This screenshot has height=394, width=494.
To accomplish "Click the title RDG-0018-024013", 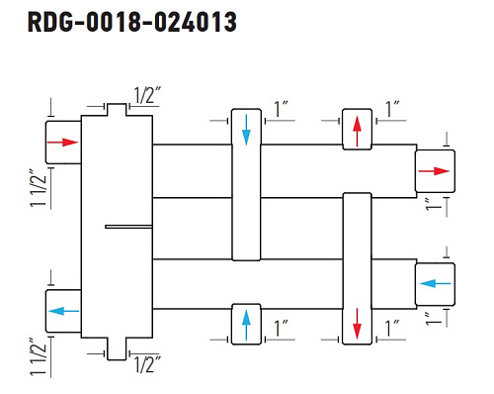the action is (132, 22).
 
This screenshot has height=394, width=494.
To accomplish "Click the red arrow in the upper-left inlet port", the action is (62, 143).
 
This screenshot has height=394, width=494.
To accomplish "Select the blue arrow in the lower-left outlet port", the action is (64, 311).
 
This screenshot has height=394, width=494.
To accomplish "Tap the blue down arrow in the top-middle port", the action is (246, 130).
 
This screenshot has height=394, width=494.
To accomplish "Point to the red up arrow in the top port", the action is (358, 132).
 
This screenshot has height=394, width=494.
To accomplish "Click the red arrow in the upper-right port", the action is (434, 171).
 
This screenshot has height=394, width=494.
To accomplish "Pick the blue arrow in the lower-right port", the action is (436, 283).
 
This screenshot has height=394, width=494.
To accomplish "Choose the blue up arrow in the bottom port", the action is (246, 326).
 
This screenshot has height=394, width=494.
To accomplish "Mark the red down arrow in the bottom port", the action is (358, 324).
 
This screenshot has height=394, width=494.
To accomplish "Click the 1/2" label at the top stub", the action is (147, 95).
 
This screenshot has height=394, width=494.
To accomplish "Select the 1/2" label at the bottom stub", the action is (147, 364).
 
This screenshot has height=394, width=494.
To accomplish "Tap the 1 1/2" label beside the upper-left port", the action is (39, 188).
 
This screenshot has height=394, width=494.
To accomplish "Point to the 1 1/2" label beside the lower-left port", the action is (39, 356).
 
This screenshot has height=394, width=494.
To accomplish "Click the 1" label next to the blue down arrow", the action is (281, 109).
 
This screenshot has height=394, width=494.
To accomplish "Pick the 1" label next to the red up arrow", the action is (392, 109).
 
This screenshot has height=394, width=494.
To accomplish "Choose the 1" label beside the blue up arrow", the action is (281, 328).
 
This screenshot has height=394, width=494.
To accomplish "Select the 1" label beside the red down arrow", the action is (392, 328).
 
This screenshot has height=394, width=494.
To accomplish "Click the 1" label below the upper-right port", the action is (433, 205).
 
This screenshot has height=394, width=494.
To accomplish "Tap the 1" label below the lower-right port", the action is (433, 319).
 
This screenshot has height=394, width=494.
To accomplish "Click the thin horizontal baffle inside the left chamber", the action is (128, 227).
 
